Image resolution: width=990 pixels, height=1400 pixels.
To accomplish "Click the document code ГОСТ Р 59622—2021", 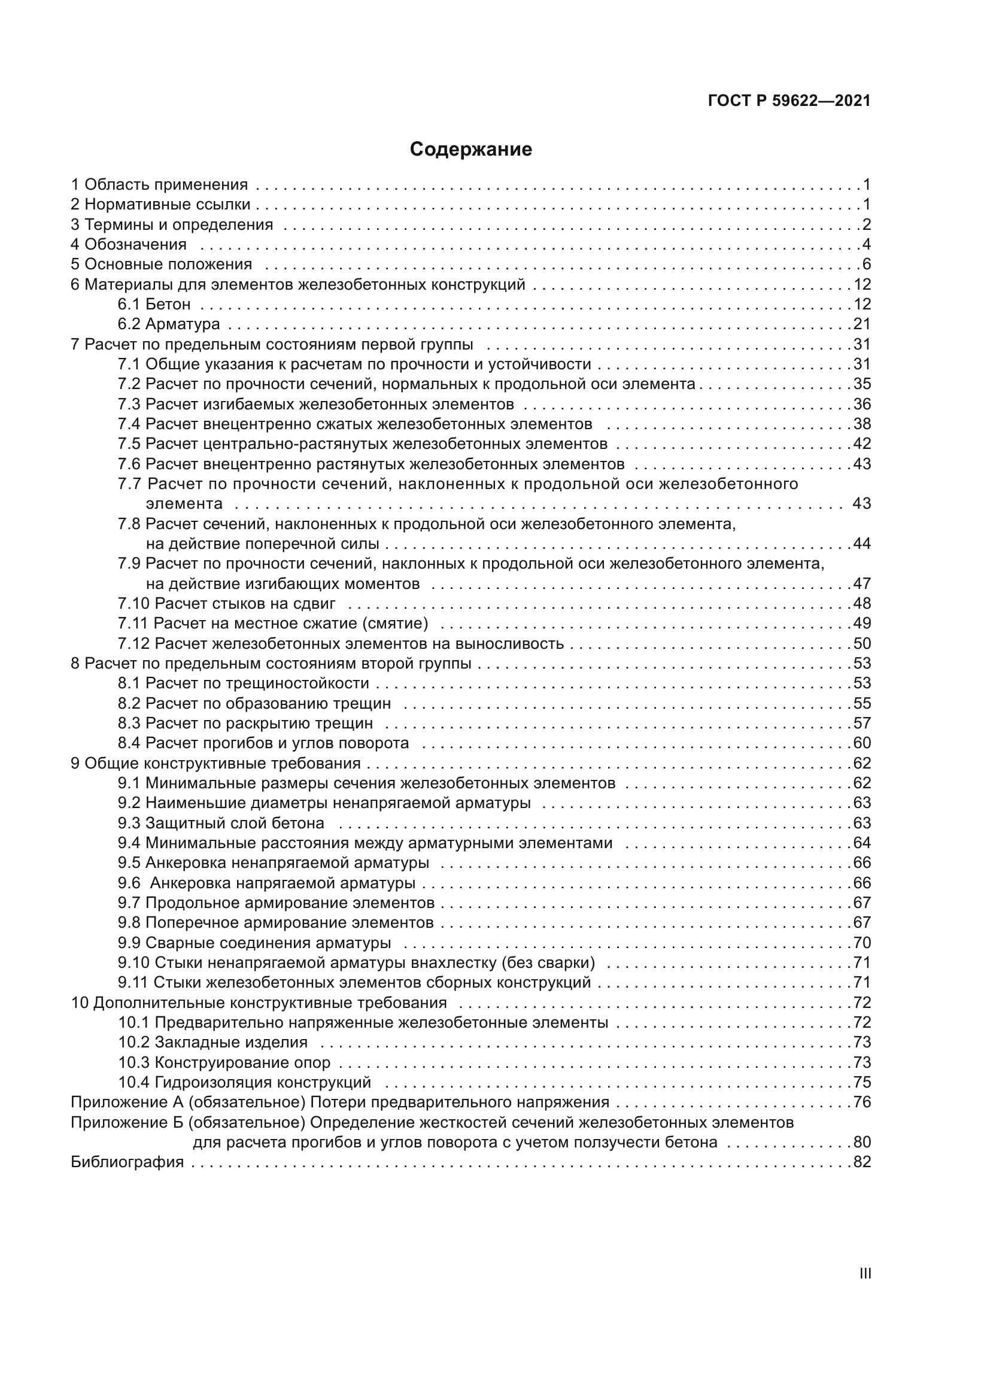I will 789,101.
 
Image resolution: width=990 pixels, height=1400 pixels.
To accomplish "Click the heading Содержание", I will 470,150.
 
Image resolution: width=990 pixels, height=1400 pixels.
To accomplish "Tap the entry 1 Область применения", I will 160,184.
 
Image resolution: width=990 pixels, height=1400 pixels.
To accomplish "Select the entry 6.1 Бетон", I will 154,303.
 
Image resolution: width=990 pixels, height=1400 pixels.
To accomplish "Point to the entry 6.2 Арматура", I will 169,324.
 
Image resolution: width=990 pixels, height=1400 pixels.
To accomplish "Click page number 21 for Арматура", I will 861,324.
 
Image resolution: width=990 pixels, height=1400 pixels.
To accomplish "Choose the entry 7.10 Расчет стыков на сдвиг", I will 227,604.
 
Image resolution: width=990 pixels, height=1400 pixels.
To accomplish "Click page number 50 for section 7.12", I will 861,643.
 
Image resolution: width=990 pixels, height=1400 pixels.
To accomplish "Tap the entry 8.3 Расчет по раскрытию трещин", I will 245,723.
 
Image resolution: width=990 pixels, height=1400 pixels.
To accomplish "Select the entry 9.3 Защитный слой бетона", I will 221,823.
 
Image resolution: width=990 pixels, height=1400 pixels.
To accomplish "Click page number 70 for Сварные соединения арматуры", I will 861,943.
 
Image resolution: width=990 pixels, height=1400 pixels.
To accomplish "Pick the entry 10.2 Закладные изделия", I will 212,1042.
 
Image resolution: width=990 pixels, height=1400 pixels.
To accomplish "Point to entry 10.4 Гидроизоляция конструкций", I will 244,1082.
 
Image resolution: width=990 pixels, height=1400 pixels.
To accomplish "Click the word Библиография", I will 127,1162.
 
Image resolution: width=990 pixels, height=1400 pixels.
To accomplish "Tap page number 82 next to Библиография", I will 861,1162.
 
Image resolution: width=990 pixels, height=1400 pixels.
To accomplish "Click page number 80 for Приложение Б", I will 861,1142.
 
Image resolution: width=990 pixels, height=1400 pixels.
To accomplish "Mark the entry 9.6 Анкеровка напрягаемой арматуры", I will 266,883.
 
